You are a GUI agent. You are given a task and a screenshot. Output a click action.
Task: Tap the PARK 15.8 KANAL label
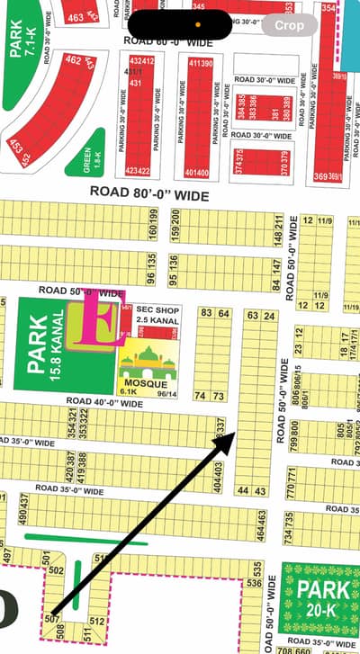[45, 347]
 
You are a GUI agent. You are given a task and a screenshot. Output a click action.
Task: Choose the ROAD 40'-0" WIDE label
[104, 404]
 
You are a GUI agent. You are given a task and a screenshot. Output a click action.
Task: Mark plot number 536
[255, 582]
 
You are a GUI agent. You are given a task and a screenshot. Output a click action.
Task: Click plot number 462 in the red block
[74, 61]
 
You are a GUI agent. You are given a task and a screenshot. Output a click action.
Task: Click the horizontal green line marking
[86, 540]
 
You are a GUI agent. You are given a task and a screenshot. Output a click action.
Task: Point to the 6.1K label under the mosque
[128, 391]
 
